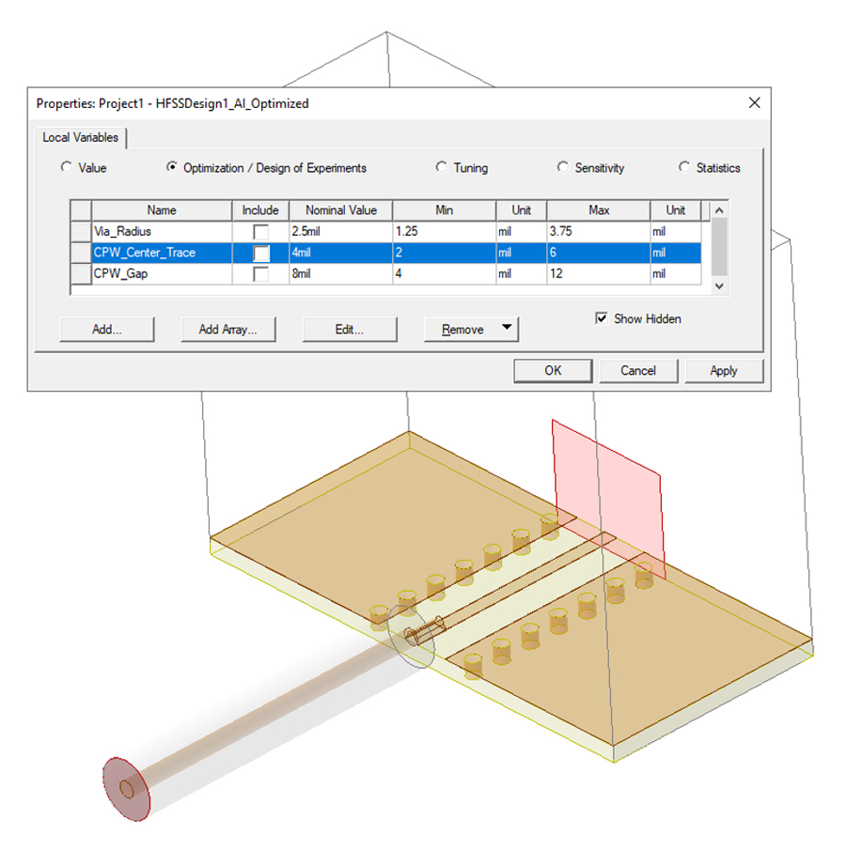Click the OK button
click(x=553, y=371)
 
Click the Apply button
click(x=723, y=371)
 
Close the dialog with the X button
click(x=754, y=102)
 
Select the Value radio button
click(x=66, y=168)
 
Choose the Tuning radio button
click(x=442, y=168)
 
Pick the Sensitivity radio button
click(x=563, y=168)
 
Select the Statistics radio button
click(x=684, y=168)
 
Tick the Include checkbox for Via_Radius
click(x=260, y=231)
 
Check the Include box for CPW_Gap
click(x=260, y=274)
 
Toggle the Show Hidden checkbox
click(x=602, y=319)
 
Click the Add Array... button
click(x=227, y=330)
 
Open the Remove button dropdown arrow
click(x=507, y=329)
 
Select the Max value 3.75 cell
click(x=596, y=231)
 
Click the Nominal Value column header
click(x=341, y=210)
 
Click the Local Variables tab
click(x=81, y=138)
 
